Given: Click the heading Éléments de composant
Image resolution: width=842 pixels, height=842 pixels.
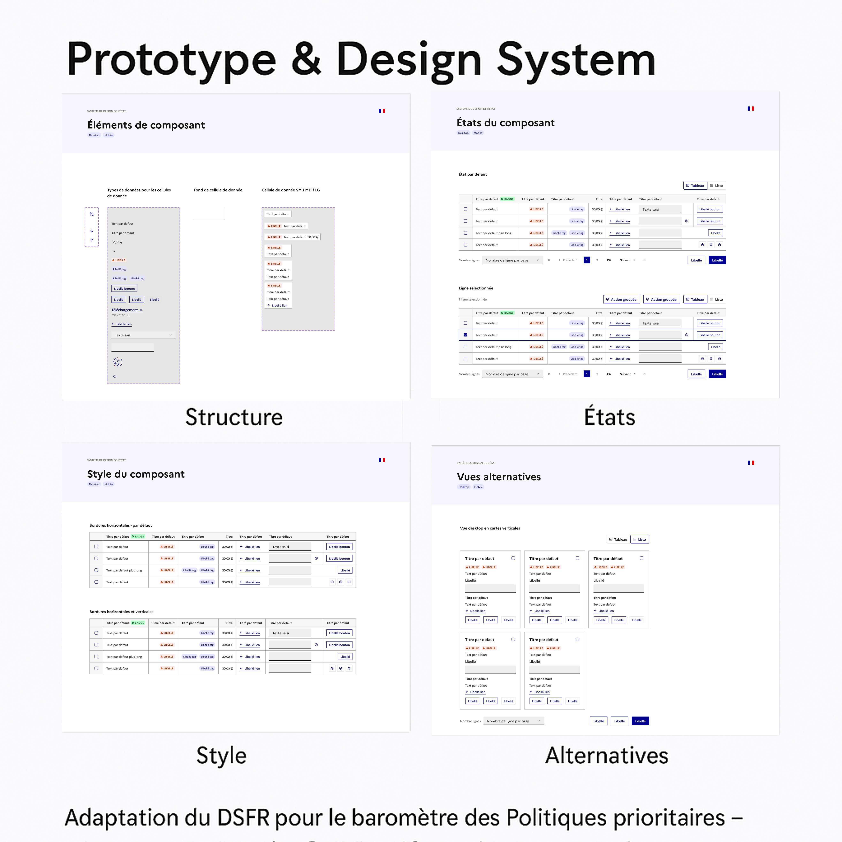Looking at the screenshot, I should pyautogui.click(x=146, y=125).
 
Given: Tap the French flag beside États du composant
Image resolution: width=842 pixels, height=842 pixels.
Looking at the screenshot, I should pyautogui.click(x=750, y=108).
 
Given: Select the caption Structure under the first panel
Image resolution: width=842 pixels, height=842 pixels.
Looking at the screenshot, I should pyautogui.click(x=234, y=417).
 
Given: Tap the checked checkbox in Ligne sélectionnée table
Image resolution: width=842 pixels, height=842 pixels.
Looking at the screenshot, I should pyautogui.click(x=465, y=335).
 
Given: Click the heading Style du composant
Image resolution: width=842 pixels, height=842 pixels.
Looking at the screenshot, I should pyautogui.click(x=136, y=474).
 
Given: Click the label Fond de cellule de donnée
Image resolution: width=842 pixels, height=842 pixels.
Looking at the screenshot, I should pyautogui.click(x=218, y=190).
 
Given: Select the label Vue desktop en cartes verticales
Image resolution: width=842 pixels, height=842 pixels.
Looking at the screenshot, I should pyautogui.click(x=490, y=528).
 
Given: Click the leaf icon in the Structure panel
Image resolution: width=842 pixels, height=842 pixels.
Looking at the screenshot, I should pyautogui.click(x=118, y=362).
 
